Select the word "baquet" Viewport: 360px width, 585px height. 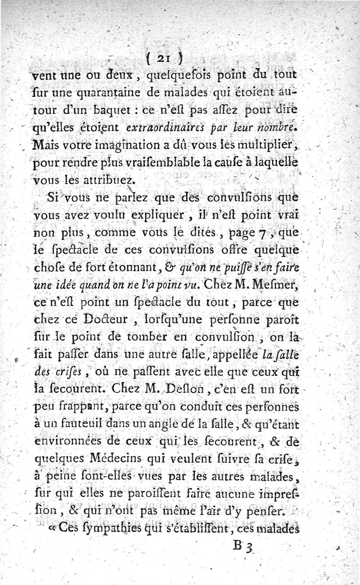click(135, 111)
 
